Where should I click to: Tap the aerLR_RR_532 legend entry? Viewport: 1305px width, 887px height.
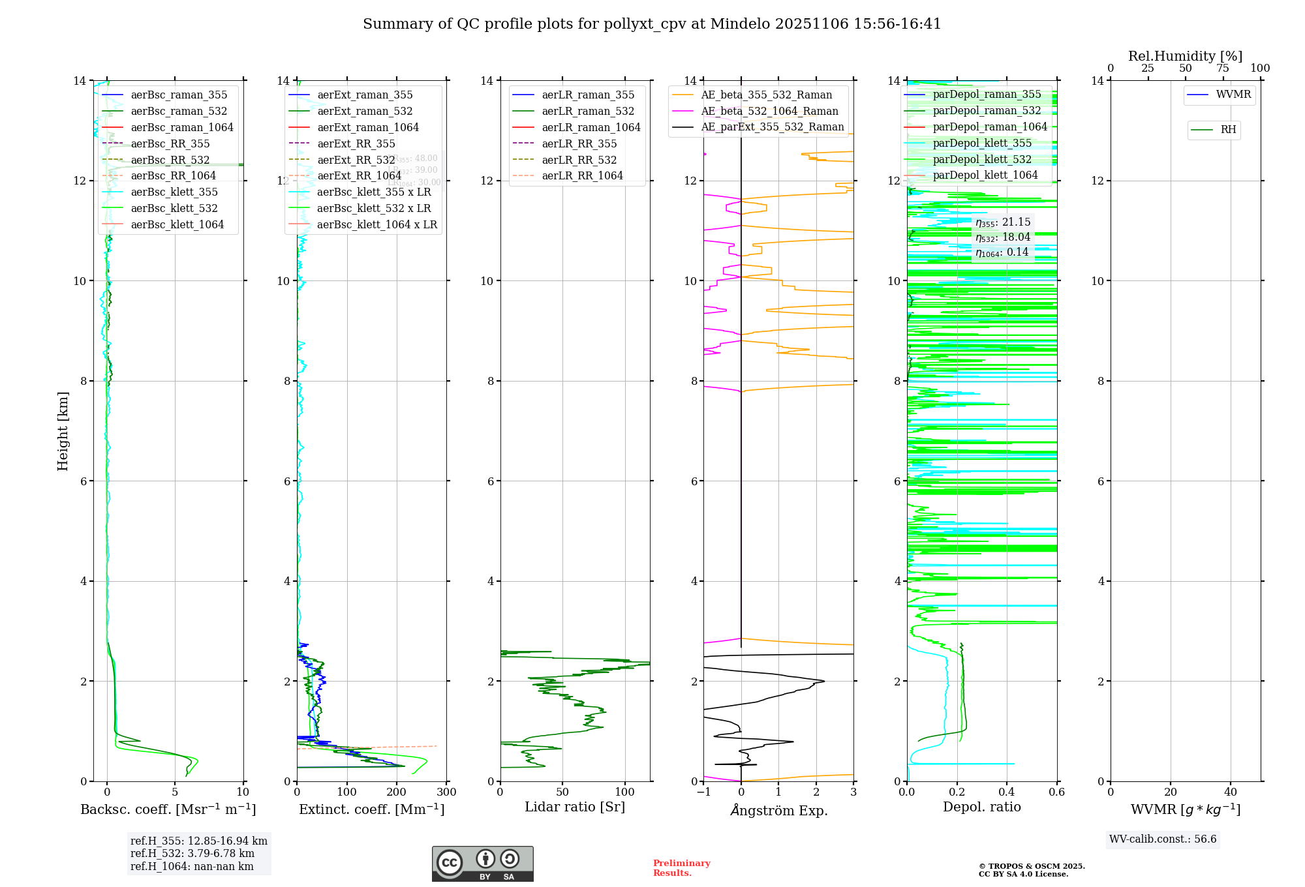pyautogui.click(x=579, y=160)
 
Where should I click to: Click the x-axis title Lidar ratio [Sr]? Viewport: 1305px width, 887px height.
pyautogui.click(x=575, y=807)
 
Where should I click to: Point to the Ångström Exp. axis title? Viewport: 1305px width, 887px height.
pyautogui.click(x=778, y=811)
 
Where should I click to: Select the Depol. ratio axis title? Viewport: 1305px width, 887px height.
pyautogui.click(x=981, y=807)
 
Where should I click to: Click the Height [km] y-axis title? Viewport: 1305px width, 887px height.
pyautogui.click(x=63, y=431)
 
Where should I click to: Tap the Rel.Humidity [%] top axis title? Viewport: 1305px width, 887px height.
pyautogui.click(x=1185, y=56)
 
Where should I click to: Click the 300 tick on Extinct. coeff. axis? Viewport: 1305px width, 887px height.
pyautogui.click(x=446, y=792)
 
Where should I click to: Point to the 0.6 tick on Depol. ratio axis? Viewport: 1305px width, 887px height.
pyautogui.click(x=1056, y=792)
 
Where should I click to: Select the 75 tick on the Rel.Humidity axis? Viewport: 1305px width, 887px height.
pyautogui.click(x=1223, y=68)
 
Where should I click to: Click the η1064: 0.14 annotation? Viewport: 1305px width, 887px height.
pyautogui.click(x=1002, y=252)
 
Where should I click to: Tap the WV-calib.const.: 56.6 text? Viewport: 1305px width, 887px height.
pyautogui.click(x=1163, y=839)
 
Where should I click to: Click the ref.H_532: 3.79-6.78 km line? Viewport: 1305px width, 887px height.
pyautogui.click(x=192, y=854)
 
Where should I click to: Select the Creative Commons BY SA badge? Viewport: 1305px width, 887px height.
pyautogui.click(x=482, y=864)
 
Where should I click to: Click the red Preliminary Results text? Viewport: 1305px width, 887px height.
pyautogui.click(x=681, y=868)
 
